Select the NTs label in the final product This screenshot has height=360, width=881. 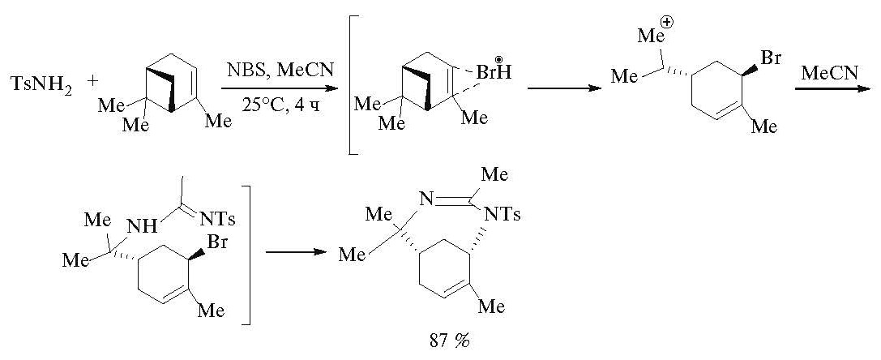tap(503, 214)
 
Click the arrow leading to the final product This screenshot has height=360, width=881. tap(296, 251)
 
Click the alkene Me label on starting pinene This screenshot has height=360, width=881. tap(218, 120)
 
